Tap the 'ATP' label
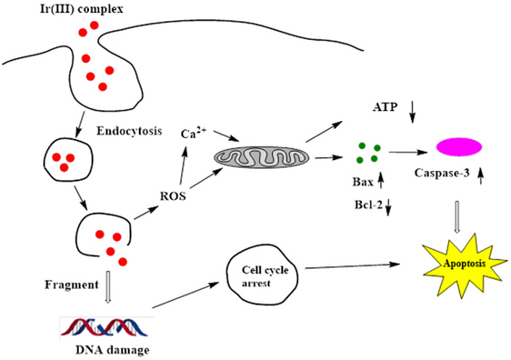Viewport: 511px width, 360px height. pos(387,108)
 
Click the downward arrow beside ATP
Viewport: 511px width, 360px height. pos(414,110)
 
